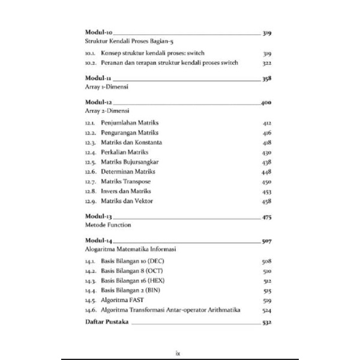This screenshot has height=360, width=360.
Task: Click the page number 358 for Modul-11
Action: click(x=268, y=78)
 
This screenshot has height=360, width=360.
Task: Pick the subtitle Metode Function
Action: click(x=108, y=225)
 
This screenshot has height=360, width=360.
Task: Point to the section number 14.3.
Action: click(x=90, y=280)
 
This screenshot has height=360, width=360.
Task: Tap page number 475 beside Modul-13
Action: click(x=268, y=215)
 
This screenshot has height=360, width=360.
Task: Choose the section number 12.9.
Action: click(x=90, y=201)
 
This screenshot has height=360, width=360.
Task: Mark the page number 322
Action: click(x=268, y=62)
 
